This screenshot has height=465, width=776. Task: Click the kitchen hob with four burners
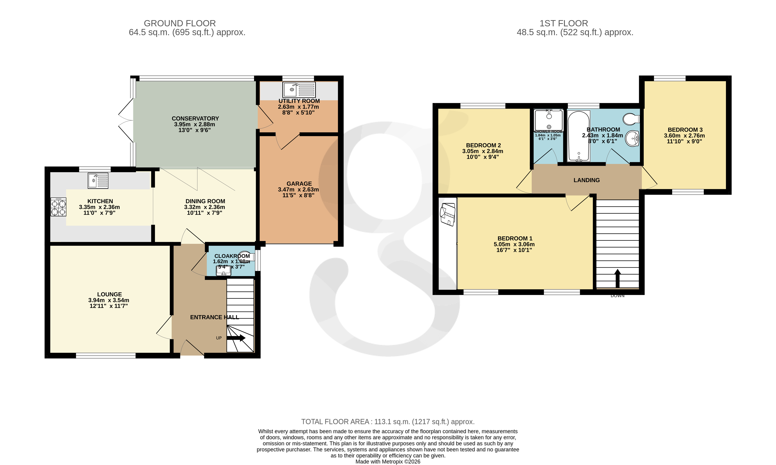point(58,207)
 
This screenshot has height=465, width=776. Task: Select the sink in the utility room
point(299,90)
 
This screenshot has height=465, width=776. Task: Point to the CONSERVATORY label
point(195,118)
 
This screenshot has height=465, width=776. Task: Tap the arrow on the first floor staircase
point(618,278)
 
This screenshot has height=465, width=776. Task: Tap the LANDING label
point(587,180)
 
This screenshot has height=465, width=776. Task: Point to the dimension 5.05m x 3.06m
point(514,244)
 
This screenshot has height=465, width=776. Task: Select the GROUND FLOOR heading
point(180,23)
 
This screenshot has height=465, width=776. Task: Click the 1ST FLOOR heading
point(563,23)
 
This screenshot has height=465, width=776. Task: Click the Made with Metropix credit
point(388,461)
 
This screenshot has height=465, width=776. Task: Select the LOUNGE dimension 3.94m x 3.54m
point(108,300)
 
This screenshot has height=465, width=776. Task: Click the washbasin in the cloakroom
point(223,271)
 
